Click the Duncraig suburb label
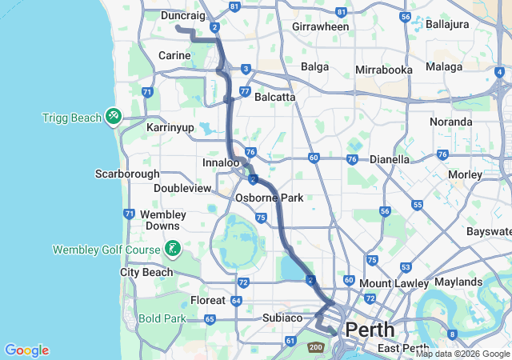[x=183, y=15]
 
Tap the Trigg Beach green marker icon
[x=114, y=118]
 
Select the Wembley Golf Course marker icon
[x=172, y=249]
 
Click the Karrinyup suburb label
[x=170, y=127]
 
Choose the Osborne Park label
[x=268, y=198]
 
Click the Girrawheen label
[x=321, y=26]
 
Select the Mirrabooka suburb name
[x=384, y=70]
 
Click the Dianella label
[x=389, y=159]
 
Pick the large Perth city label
[x=369, y=329]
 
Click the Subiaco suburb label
[x=282, y=318]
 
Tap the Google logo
[x=26, y=350]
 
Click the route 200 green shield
[x=315, y=347]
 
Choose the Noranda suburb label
[x=451, y=122]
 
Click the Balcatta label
[x=274, y=97]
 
